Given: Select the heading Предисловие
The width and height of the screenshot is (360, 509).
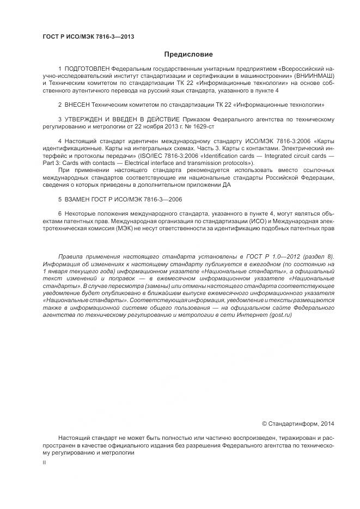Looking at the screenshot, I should coord(188,54).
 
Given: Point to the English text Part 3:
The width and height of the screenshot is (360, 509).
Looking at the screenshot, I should coord(52,163).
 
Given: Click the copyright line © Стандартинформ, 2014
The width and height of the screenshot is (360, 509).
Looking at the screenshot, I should coord(298,423).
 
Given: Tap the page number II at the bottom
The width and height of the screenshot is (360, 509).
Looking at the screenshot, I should coord(45,462).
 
